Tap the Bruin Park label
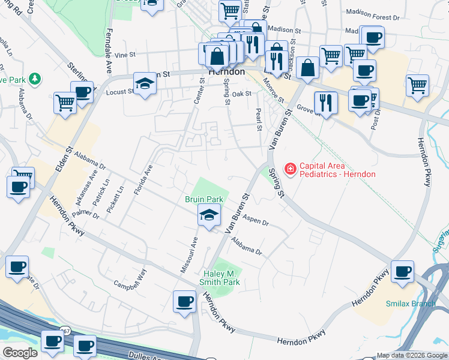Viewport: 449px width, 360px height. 203,199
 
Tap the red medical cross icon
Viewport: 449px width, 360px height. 291,170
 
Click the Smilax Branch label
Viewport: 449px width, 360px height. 411,304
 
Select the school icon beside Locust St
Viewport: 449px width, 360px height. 145,83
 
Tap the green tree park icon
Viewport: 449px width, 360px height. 35,79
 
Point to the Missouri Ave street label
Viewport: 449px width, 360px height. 190,254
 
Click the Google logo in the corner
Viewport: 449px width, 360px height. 20,353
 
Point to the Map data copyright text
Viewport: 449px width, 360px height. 411,355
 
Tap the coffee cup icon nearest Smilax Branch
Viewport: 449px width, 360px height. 402,272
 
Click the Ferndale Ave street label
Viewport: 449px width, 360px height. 109,42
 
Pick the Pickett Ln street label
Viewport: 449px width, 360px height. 115,197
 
